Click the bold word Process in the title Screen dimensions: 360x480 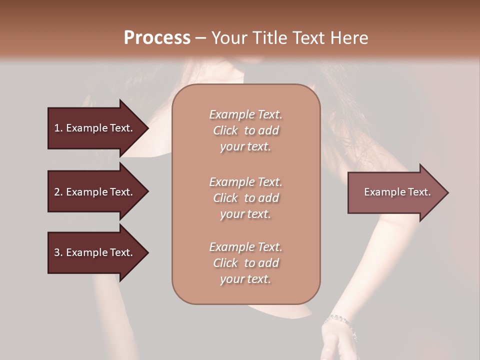point(157,38)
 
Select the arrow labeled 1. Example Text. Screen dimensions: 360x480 point(95,128)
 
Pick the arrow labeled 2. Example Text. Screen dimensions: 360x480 point(95,192)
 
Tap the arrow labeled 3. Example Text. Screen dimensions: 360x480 point(95,252)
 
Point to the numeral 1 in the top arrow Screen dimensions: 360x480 point(56,128)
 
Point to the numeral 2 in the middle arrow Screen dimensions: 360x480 point(57,192)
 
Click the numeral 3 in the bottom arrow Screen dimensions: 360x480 point(57,252)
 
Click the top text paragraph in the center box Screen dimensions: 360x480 point(245,130)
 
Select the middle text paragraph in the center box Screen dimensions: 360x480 point(245,198)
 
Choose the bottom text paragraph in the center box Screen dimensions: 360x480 point(245,263)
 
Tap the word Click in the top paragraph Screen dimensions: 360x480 point(225,130)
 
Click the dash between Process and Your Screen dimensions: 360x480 point(200,38)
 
